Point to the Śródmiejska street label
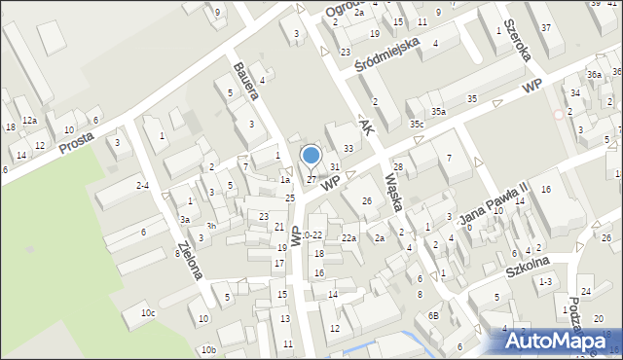(385, 54)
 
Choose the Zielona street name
(190, 261)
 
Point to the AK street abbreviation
(366, 128)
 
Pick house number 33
(348, 149)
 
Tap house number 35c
(417, 125)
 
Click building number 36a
(594, 75)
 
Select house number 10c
(147, 313)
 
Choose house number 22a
(348, 238)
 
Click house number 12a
(30, 120)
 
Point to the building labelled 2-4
(143, 185)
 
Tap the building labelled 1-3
(546, 281)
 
